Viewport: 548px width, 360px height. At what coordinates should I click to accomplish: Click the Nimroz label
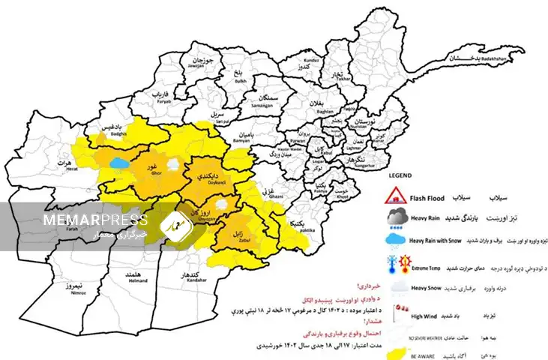click(73, 289)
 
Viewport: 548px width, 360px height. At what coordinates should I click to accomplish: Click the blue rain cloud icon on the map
click(119, 161)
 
